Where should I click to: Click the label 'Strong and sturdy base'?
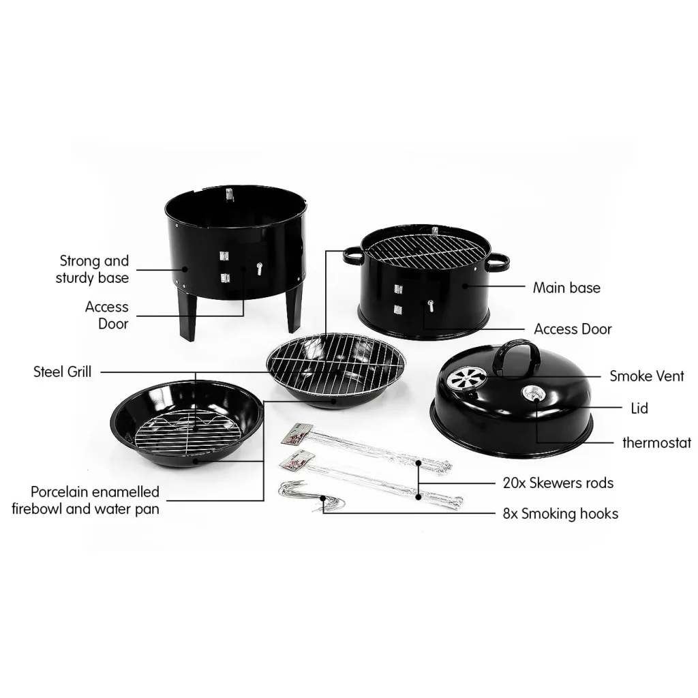[93, 269]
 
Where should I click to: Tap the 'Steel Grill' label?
[62, 371]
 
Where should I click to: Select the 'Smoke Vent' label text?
[646, 376]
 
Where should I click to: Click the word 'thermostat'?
[656, 443]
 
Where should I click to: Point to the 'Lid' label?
[639, 408]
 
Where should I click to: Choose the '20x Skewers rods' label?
[558, 483]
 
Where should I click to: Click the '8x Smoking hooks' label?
[560, 513]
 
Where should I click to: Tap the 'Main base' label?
[566, 288]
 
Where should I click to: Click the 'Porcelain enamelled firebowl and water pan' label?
[86, 500]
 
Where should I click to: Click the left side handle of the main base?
[353, 256]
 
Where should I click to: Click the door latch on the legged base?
[259, 269]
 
